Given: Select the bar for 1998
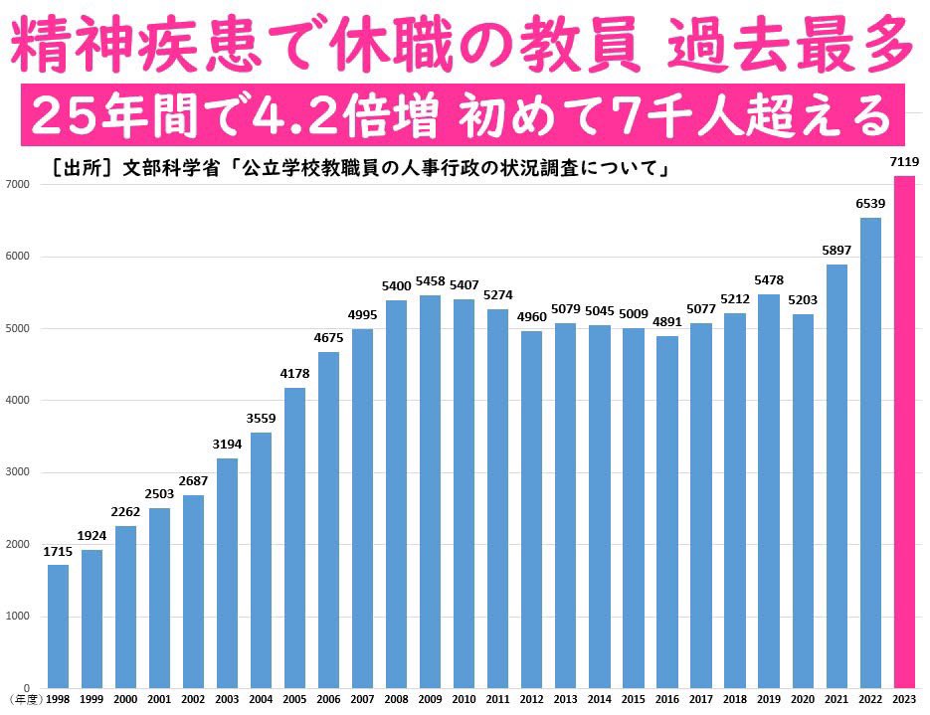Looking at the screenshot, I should (59, 626).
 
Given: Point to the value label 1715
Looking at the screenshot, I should (59, 552).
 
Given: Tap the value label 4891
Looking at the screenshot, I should (666, 323).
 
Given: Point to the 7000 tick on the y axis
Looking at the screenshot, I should (17, 185).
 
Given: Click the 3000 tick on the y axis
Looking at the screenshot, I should (17, 472).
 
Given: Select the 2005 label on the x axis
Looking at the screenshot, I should (295, 699).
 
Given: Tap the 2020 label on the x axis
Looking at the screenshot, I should (802, 699).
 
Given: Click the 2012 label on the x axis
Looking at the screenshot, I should (531, 699).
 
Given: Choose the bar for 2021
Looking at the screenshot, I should (836, 476).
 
